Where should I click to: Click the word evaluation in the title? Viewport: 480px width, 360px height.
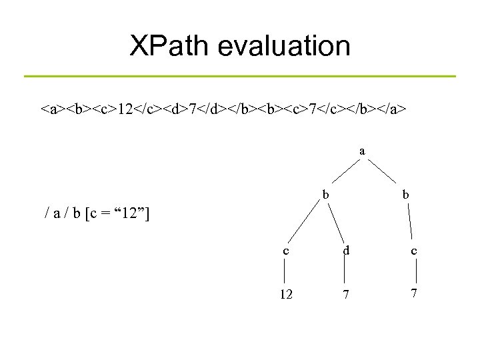pos(286,46)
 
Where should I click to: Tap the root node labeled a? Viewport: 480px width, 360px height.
pos(362,151)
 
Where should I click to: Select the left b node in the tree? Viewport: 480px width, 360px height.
pos(325,195)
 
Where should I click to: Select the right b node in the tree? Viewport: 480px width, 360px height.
pos(406,195)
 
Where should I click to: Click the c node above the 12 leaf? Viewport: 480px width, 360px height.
pos(285,251)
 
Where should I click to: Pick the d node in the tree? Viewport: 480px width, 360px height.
pos(345,251)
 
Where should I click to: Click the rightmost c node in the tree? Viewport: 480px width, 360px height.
pos(415,251)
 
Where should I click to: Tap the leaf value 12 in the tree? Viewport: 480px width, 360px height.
pos(285,293)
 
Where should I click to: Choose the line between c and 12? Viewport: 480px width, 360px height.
pos(285,271)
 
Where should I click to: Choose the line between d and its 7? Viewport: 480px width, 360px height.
pos(345,271)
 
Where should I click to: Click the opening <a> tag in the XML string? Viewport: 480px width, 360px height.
pos(50,108)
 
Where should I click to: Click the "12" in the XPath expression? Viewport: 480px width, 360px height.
pos(131,214)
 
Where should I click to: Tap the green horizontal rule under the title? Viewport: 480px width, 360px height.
pos(240,76)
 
